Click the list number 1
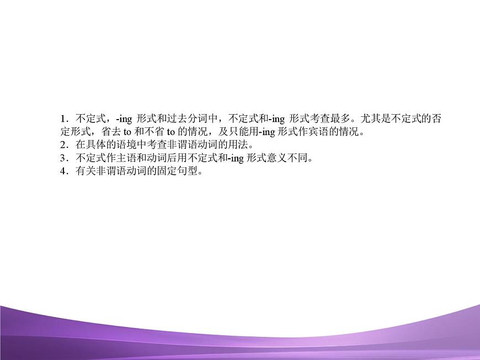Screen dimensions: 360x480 63,119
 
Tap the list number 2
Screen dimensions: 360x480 63,146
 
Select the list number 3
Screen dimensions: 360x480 63,159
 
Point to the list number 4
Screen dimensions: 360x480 63,172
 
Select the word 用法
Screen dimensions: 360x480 238,146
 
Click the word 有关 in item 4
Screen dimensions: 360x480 84,172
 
